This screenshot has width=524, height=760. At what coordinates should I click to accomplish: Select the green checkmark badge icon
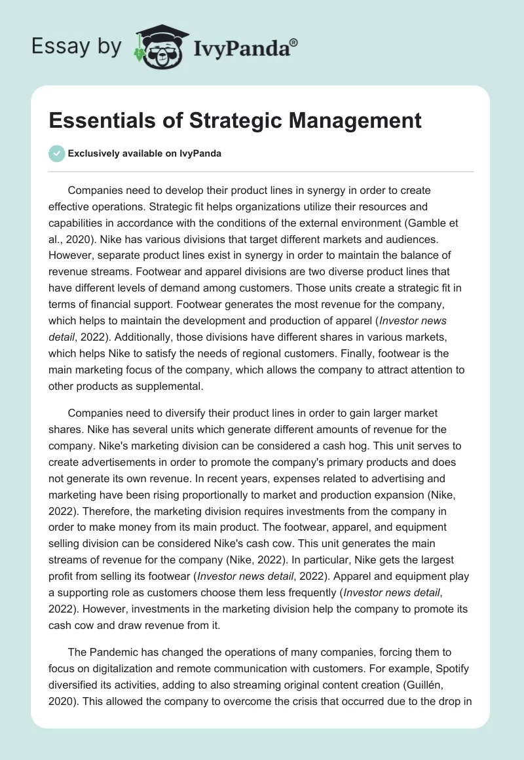56,153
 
